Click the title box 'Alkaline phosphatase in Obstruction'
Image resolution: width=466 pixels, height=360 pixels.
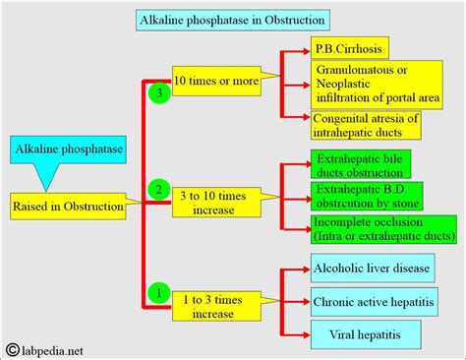[233, 19]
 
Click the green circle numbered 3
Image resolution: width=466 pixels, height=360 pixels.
[156, 93]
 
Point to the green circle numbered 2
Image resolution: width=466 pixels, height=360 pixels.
[155, 187]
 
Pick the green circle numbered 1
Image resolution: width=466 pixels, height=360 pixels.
[155, 291]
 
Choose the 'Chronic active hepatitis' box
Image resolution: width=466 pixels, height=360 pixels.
[372, 301]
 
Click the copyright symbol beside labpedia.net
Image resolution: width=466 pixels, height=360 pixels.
[12, 346]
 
